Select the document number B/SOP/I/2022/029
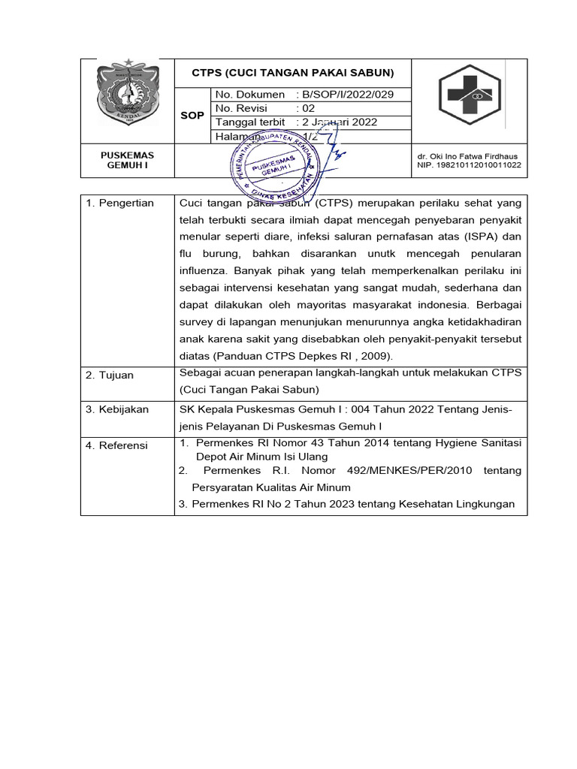pyautogui.click(x=345, y=95)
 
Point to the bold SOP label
pyautogui.click(x=192, y=116)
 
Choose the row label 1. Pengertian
pyautogui.click(x=119, y=203)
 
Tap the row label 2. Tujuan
pyautogui.click(x=110, y=375)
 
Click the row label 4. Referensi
pyautogui.click(x=116, y=445)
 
